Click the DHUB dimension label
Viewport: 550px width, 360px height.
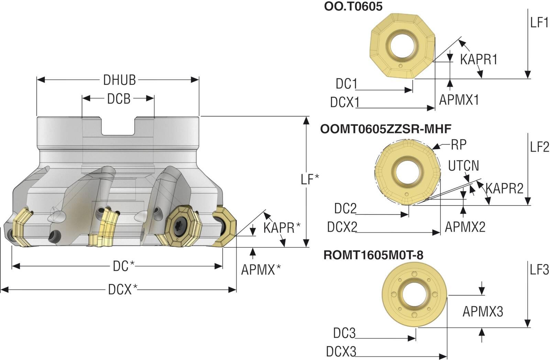119,80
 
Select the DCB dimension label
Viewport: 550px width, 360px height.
119,99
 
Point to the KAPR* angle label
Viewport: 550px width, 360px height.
282,228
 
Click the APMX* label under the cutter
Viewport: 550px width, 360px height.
261,270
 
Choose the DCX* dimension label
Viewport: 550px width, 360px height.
123,290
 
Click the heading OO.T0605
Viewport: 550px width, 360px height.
353,7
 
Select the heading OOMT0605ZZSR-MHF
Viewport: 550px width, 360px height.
386,129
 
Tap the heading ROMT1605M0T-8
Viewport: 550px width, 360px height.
373,255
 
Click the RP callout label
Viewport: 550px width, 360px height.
459,145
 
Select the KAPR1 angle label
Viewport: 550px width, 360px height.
478,60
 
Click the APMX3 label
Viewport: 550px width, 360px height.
483,312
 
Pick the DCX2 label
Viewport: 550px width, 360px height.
342,227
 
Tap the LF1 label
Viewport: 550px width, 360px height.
539,23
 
